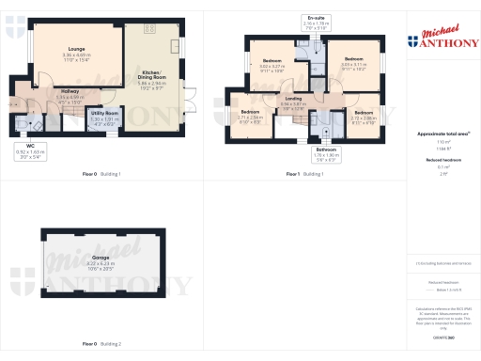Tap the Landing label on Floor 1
294,101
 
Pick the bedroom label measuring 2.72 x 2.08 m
364,116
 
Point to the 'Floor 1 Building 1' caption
305,174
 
